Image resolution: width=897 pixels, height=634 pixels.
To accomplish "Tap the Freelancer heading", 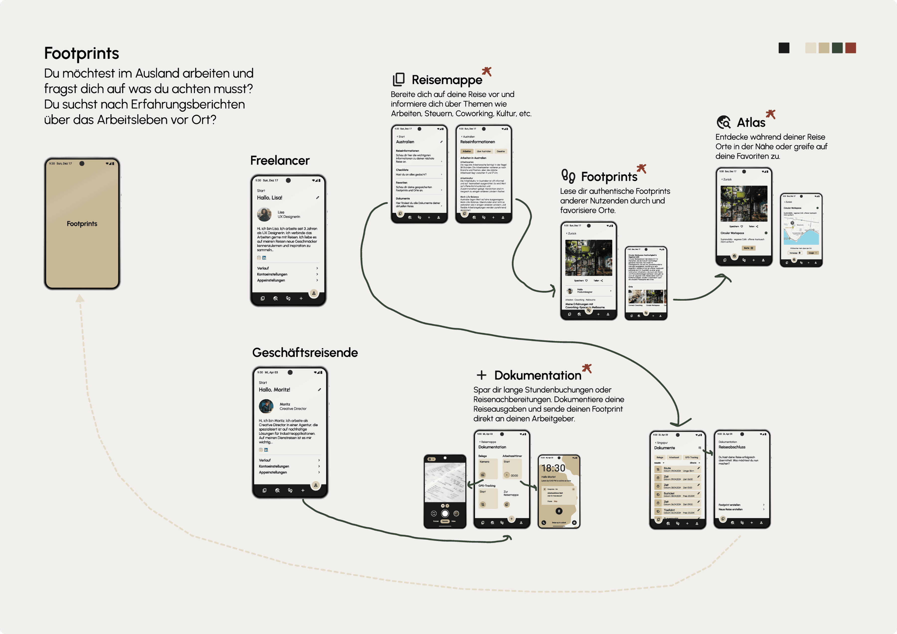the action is [280, 160].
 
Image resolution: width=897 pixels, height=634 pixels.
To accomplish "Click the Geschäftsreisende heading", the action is [305, 352].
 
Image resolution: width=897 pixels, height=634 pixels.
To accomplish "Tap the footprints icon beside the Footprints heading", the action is [568, 176].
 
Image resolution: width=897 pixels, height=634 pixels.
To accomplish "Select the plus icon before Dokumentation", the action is [481, 375].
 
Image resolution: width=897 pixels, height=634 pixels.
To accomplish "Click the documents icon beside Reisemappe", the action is [398, 79].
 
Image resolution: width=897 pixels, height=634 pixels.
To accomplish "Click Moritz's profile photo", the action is [266, 406].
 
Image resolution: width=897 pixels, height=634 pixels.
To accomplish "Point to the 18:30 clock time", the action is [553, 468].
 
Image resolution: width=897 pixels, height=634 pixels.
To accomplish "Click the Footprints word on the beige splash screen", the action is [82, 224].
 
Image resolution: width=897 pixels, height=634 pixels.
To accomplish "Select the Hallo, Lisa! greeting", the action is [270, 198].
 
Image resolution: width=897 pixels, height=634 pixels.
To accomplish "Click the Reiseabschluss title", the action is [732, 447].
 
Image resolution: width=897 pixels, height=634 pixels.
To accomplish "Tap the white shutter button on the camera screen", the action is [445, 513].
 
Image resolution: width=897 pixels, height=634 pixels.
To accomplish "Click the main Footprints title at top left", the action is [81, 53].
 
